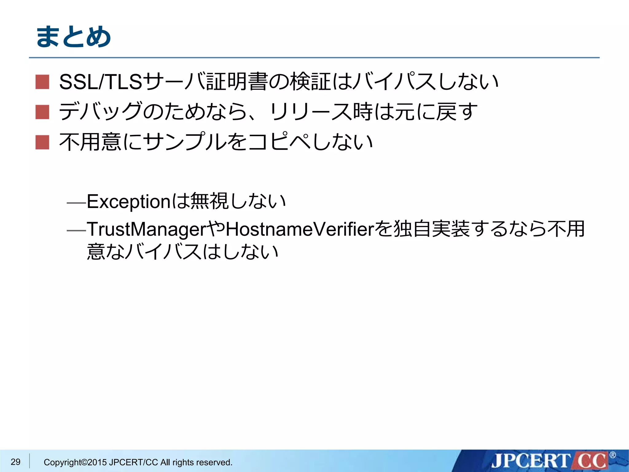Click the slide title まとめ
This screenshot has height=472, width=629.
pos(74,37)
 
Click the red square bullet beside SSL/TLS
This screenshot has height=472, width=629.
pos(42,82)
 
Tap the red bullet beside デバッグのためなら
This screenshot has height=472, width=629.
pos(42,112)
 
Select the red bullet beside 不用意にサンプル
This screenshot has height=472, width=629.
pos(42,142)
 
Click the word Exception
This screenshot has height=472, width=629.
pos(128,202)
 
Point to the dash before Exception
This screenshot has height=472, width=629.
pos(76,203)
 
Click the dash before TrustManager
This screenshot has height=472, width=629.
pos(76,230)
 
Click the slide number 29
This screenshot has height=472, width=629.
pos(15,462)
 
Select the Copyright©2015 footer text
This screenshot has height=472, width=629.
pos(138,462)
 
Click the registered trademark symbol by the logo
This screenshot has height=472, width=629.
pos(612,455)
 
